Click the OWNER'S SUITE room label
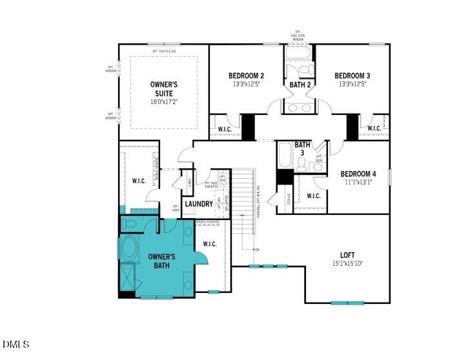click(164, 89)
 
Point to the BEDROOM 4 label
click(358, 174)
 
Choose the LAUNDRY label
click(199, 204)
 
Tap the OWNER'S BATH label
click(162, 261)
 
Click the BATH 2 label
click(300, 85)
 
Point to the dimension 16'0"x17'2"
click(164, 102)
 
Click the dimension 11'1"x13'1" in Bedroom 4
click(358, 182)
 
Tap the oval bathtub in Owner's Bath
click(128, 248)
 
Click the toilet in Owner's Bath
click(131, 224)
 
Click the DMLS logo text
click(15, 345)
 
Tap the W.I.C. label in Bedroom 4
click(313, 196)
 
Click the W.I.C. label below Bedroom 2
click(225, 128)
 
